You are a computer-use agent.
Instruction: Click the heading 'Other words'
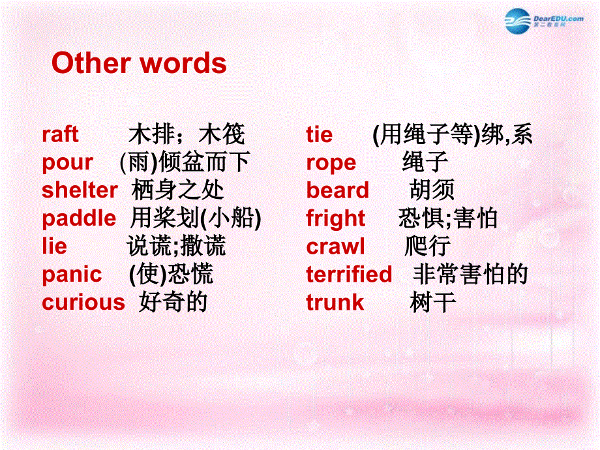coord(139,63)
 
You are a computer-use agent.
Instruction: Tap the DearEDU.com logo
coord(543,20)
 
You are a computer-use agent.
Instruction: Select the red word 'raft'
coord(60,134)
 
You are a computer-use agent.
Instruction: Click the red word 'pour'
coord(67,163)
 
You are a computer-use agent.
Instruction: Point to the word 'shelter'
coord(80,190)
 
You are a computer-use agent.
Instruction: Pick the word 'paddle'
coord(79,218)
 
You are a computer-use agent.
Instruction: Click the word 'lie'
coord(54,247)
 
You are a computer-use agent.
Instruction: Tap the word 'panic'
coord(72,275)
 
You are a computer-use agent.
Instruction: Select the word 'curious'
coord(83,303)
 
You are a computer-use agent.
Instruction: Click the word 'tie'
coord(319,134)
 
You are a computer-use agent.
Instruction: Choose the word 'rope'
coord(331,163)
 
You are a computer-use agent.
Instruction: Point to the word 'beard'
coord(337,190)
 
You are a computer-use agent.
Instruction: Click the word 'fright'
coord(336,218)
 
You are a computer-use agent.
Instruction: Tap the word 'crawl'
coord(335,247)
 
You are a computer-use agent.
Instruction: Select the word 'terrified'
coord(349,275)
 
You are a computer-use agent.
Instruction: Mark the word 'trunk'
coord(335,303)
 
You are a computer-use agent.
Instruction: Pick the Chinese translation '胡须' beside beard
coord(432,190)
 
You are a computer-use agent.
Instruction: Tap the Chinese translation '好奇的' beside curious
coord(173,303)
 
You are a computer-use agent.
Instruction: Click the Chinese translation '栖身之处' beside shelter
coord(177,190)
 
